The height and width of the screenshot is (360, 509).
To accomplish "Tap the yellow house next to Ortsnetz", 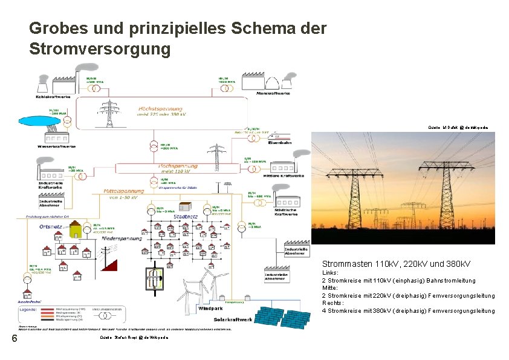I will coord(76,230).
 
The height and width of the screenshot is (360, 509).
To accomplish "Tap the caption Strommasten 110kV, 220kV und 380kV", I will coord(396,264).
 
